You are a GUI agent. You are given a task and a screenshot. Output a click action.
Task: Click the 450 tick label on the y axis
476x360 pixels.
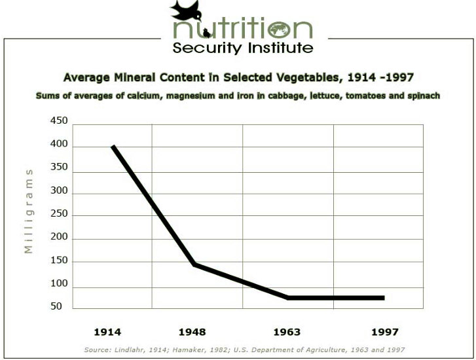(x=59, y=121)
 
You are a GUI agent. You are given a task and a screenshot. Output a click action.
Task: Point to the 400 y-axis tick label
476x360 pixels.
(x=59, y=145)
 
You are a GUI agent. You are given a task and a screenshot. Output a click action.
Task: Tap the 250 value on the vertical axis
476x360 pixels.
(x=59, y=215)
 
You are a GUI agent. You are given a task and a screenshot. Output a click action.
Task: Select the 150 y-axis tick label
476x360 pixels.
(x=59, y=261)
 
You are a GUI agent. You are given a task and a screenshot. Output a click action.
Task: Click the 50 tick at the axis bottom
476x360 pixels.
(x=57, y=306)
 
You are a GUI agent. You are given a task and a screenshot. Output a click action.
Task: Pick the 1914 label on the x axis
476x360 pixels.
(x=107, y=332)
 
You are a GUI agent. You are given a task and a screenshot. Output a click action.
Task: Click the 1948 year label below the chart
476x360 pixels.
(x=198, y=332)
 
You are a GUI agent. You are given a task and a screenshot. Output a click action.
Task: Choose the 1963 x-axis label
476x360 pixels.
(x=288, y=332)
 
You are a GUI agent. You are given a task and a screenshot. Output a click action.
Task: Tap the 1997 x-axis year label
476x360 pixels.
(x=384, y=332)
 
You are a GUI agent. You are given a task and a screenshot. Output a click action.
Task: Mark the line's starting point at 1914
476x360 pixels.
(x=113, y=146)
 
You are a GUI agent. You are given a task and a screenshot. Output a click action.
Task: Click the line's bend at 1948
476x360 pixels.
(x=194, y=264)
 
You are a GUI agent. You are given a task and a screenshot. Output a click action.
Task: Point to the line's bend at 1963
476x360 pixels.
(x=288, y=298)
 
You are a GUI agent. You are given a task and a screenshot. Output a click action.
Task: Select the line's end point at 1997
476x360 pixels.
(x=383, y=298)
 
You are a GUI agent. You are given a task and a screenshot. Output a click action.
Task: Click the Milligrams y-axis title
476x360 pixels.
(x=29, y=210)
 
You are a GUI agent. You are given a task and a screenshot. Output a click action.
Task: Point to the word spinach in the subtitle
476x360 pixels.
(x=423, y=96)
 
